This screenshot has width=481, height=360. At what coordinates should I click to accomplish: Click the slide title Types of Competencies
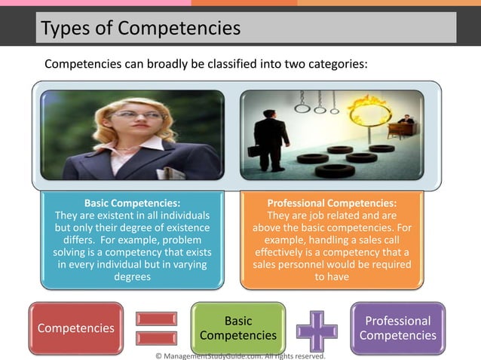(x=141, y=29)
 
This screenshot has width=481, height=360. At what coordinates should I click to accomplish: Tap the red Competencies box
(x=75, y=328)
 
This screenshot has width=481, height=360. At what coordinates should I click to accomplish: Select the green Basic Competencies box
(x=238, y=328)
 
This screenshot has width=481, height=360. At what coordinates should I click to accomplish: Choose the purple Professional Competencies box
(x=398, y=328)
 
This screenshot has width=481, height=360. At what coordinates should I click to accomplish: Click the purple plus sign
(x=317, y=328)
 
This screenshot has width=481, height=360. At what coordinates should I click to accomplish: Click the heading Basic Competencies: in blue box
(x=132, y=203)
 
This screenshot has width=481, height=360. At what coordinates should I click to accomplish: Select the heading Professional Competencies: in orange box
(x=332, y=203)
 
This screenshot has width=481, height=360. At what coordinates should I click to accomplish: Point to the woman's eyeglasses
(x=149, y=116)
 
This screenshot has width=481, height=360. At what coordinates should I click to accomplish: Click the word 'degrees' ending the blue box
(x=132, y=276)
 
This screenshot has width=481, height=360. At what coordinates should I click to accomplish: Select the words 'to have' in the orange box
(x=332, y=276)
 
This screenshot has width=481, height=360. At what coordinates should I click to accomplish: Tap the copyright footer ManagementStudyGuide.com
(x=240, y=355)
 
